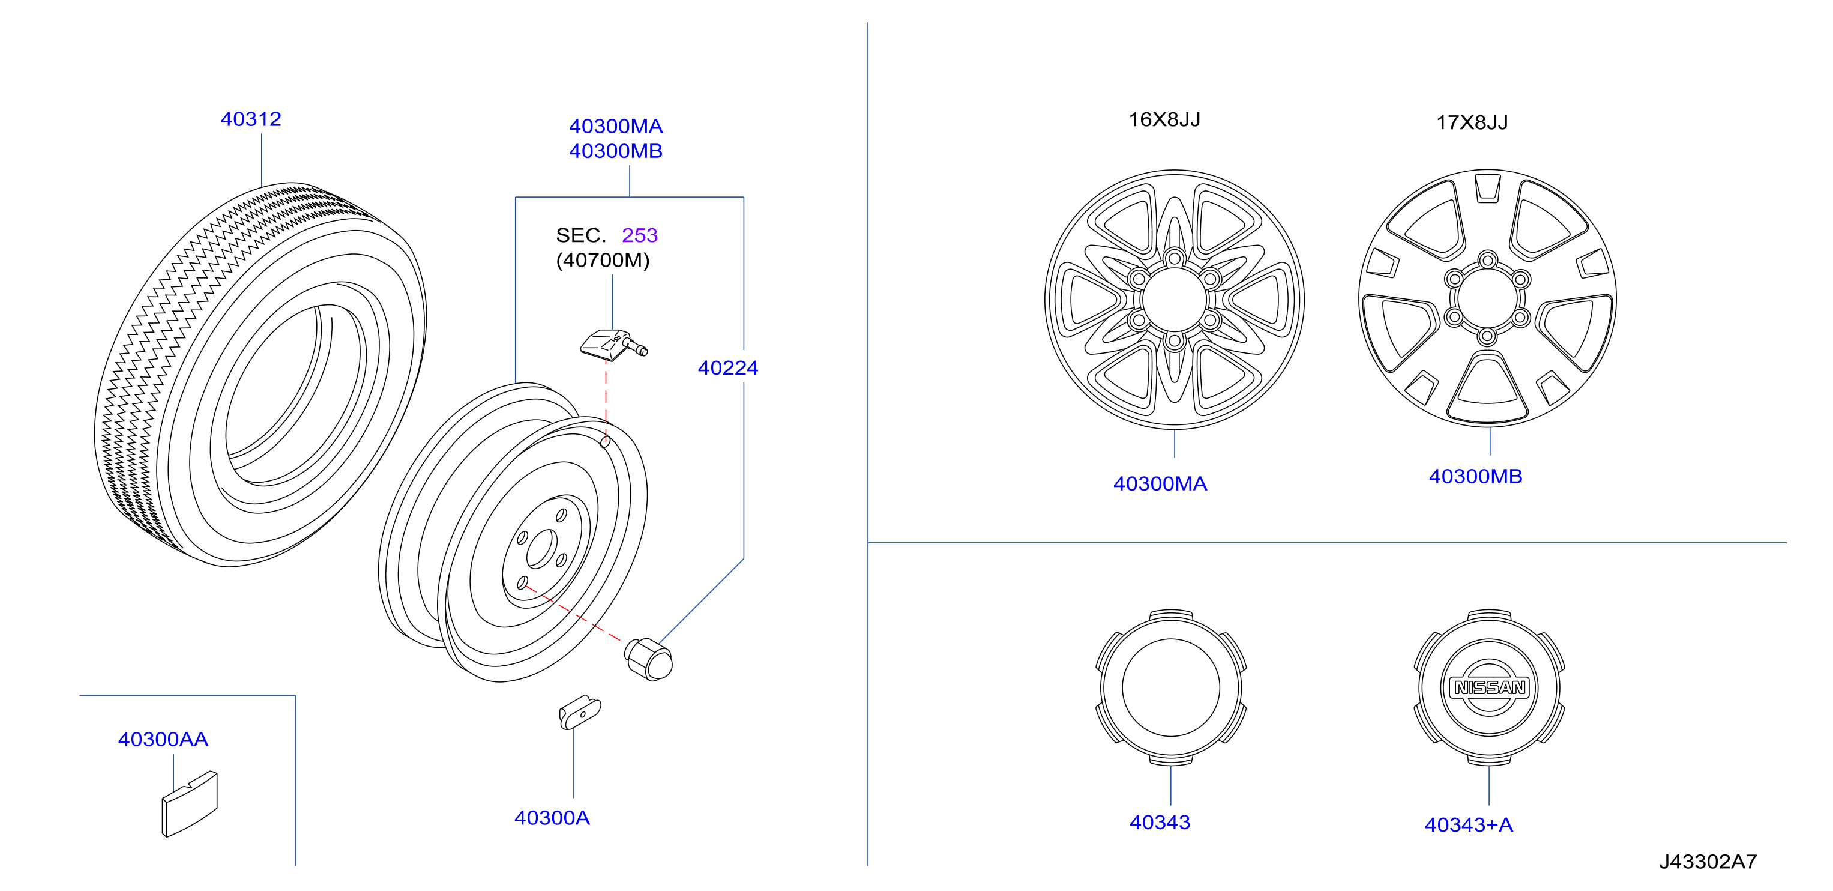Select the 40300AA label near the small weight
tap(163, 740)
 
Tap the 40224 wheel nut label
tap(728, 368)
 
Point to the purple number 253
tap(640, 235)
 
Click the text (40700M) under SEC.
tap(603, 261)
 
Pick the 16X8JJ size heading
tap(1164, 119)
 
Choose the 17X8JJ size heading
tap(1472, 122)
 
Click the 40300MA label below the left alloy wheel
tap(1160, 484)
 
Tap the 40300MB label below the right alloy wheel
tap(1475, 476)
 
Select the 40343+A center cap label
tap(1468, 825)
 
